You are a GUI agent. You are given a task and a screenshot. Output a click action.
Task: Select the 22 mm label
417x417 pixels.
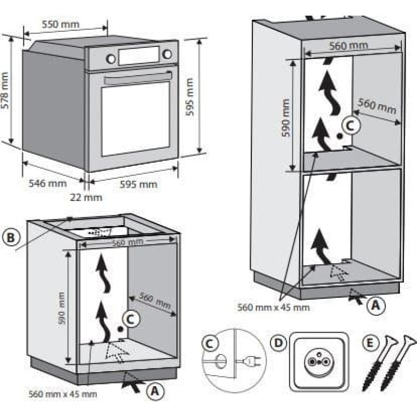[x=87, y=197]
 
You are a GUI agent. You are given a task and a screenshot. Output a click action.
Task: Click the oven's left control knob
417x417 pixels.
[x=111, y=58]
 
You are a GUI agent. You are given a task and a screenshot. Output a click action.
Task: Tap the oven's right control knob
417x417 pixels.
[x=167, y=53]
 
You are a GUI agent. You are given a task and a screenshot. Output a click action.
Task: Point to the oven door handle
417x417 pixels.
[x=138, y=78]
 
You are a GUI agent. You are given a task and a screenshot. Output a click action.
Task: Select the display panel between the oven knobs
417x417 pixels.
[x=139, y=55]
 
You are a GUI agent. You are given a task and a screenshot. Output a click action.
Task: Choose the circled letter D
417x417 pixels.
[x=279, y=343]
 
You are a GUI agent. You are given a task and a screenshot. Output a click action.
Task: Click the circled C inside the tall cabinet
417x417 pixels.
[x=351, y=125]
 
